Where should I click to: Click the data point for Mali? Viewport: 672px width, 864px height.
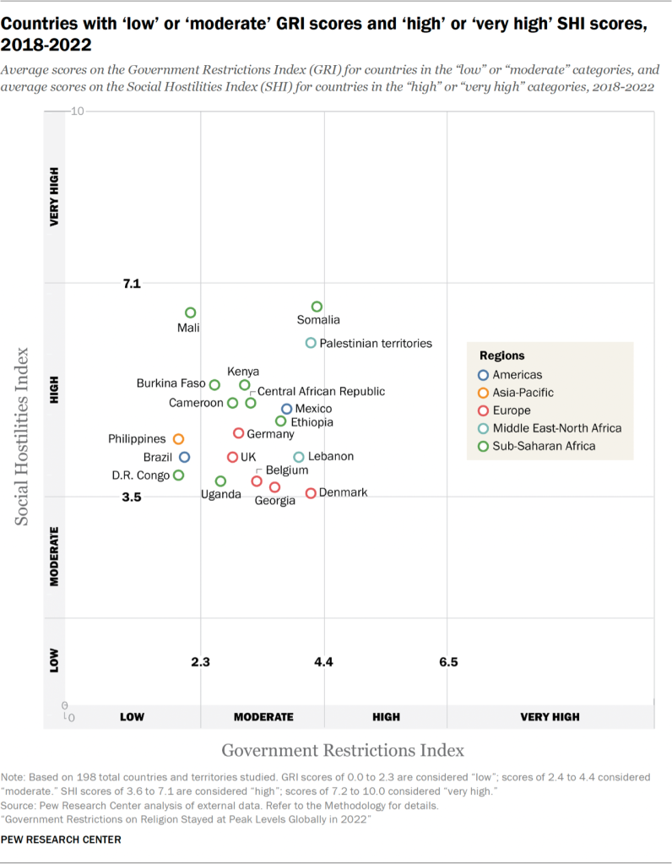click(x=191, y=312)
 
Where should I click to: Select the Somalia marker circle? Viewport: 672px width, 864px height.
click(x=317, y=307)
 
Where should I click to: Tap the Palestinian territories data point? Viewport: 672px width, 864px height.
click(x=311, y=343)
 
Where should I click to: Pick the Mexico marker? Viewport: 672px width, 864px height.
click(x=287, y=409)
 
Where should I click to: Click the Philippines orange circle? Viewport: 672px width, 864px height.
click(x=178, y=439)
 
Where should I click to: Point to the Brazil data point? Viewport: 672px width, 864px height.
click(x=184, y=457)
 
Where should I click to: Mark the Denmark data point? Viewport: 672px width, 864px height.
click(x=311, y=493)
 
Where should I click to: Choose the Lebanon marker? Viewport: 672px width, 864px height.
click(x=299, y=457)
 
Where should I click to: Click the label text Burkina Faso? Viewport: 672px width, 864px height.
click(x=171, y=383)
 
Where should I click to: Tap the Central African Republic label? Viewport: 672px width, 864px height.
click(x=321, y=391)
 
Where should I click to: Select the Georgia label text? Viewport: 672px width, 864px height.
click(x=275, y=501)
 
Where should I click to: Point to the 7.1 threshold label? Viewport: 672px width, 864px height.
click(x=131, y=284)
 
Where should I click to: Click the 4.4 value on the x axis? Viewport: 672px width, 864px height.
click(x=324, y=662)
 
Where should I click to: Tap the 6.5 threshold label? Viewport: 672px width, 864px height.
click(x=448, y=662)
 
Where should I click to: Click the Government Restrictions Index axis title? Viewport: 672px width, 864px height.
click(x=343, y=750)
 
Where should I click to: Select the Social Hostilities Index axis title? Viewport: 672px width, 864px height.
click(x=24, y=435)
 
